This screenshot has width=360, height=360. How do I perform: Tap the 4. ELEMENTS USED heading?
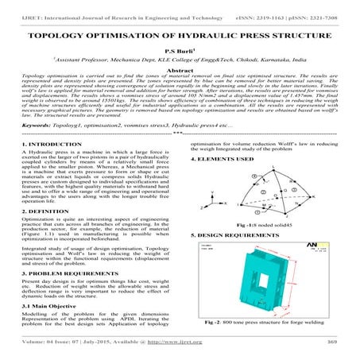[x=221, y=159]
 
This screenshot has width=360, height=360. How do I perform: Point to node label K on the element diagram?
[x=300, y=195]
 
